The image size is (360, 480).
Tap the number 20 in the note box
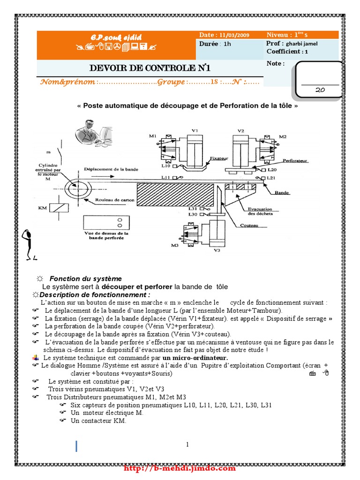point(321,90)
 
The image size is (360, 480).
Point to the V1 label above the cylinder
point(195,130)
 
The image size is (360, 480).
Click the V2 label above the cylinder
point(241,130)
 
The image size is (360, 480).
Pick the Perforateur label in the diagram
point(298,160)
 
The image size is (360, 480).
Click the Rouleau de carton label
point(115,200)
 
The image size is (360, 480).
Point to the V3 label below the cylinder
point(217,250)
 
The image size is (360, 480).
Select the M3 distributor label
point(175,245)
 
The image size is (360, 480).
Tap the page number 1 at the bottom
point(187,444)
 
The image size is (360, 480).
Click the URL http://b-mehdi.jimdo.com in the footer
point(180,468)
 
